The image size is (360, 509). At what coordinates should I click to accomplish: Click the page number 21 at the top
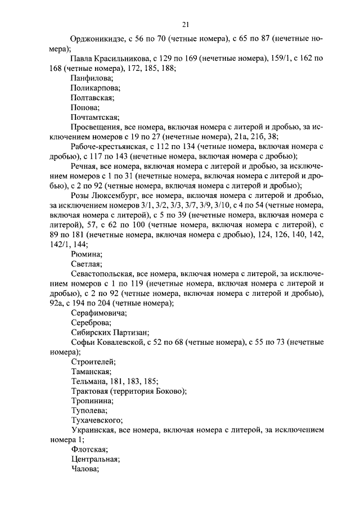click(186, 24)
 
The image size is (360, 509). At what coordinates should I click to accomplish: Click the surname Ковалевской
click(125, 342)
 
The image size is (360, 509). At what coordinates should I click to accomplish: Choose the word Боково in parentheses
click(171, 391)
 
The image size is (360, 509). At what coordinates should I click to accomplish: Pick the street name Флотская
click(89, 449)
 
